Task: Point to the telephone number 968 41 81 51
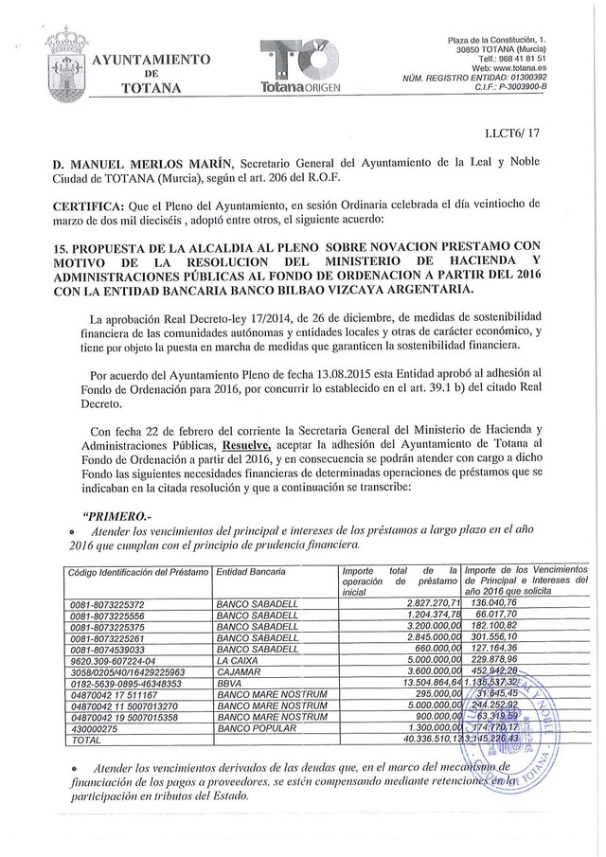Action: click(x=537, y=57)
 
